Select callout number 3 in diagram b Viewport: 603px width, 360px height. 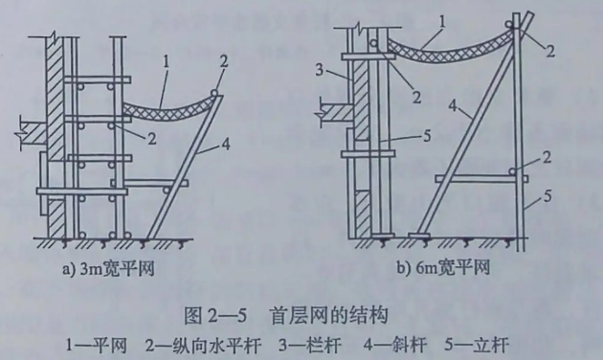pos(318,72)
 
